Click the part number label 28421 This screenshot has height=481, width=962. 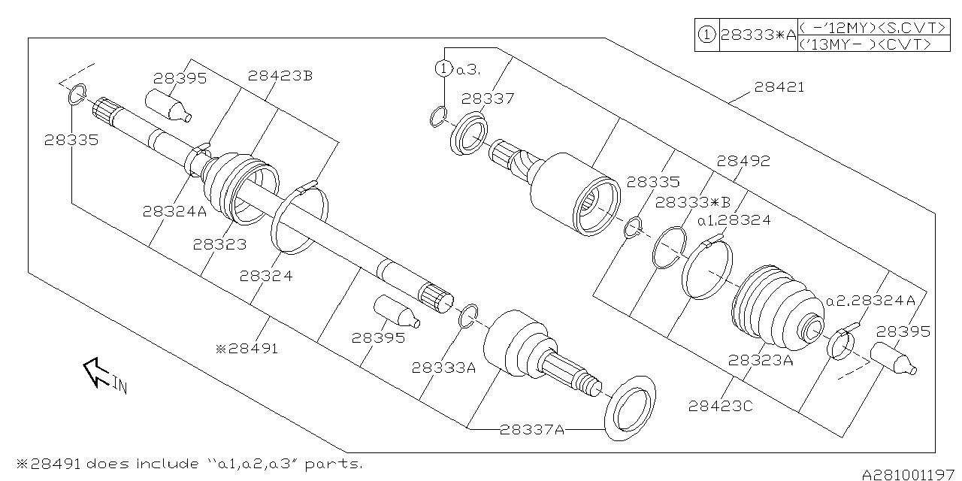(x=779, y=87)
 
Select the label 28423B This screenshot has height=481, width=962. (x=280, y=76)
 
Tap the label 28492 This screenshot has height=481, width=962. (x=743, y=161)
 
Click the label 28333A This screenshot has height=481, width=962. (x=443, y=368)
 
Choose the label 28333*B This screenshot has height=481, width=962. (x=693, y=201)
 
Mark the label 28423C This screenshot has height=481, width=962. (x=720, y=406)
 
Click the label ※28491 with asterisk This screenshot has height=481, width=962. (x=247, y=349)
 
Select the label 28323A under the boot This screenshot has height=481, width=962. (x=761, y=360)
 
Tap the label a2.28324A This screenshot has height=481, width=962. (x=870, y=301)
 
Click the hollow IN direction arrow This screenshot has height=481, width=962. (x=97, y=372)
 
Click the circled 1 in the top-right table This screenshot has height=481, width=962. (x=706, y=35)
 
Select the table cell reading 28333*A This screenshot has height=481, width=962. (x=758, y=35)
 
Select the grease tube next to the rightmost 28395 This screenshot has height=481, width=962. (x=893, y=359)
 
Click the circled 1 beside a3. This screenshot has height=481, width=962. (x=444, y=69)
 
